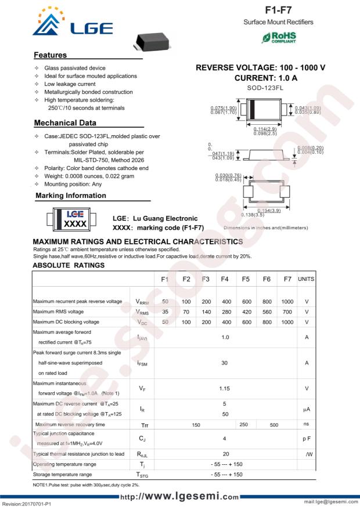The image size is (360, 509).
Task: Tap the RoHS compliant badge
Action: [x=279, y=37]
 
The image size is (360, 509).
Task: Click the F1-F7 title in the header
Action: [x=278, y=10]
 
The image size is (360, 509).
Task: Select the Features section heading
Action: [x=51, y=55]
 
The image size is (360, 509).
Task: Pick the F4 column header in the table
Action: [x=225, y=279]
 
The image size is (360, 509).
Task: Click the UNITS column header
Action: [x=306, y=279]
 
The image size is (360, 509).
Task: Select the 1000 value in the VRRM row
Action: [x=287, y=301]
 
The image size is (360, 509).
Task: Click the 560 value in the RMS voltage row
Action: [x=267, y=312]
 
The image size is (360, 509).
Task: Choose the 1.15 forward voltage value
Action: [x=225, y=388]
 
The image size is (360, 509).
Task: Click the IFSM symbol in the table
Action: [x=142, y=363]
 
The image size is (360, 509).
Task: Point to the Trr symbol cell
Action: [x=142, y=425]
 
